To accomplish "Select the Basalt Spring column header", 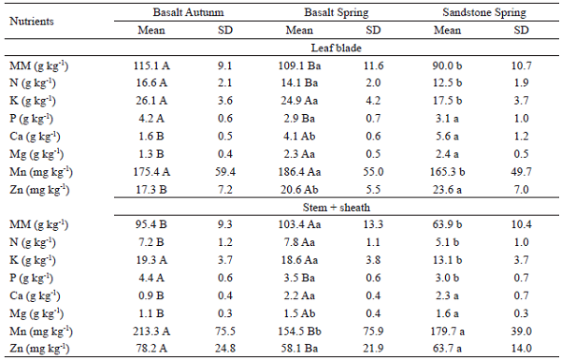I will [334, 10].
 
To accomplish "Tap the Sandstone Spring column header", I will [480, 10].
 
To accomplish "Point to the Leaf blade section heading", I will [334, 45].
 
